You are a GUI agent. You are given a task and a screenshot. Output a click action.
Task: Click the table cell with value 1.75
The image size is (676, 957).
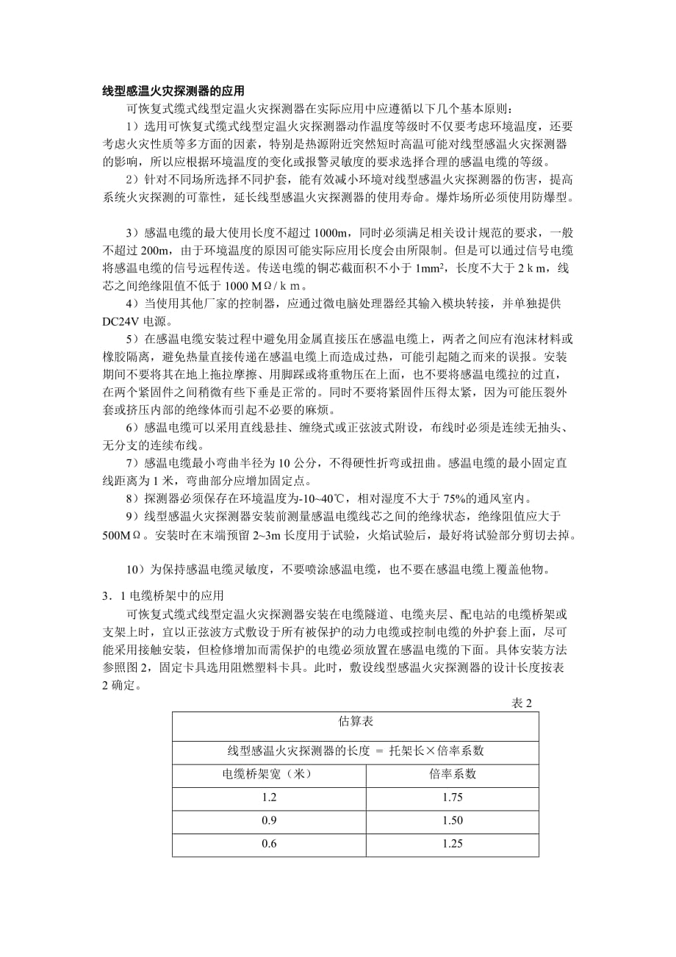pos(452,797)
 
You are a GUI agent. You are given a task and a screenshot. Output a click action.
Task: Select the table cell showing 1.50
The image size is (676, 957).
pos(452,820)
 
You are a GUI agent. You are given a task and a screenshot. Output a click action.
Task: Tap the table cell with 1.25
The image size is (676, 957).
pos(452,844)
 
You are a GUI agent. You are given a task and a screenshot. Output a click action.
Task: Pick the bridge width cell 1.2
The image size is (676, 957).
pos(269,797)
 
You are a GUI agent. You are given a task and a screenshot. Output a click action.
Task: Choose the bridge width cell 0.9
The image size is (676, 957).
pos(269,820)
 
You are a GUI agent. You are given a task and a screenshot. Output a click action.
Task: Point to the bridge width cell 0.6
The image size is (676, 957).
pos(269,844)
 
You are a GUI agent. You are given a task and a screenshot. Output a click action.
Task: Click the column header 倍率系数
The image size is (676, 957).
pos(452,774)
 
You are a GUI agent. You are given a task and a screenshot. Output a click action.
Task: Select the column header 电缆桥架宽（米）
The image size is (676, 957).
pos(269,774)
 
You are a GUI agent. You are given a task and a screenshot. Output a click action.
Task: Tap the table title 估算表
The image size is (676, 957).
pos(356,722)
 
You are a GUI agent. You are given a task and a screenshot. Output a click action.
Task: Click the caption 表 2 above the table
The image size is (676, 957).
pos(521,703)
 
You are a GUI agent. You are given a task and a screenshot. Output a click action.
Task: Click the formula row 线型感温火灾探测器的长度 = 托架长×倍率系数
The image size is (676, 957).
pos(356,750)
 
